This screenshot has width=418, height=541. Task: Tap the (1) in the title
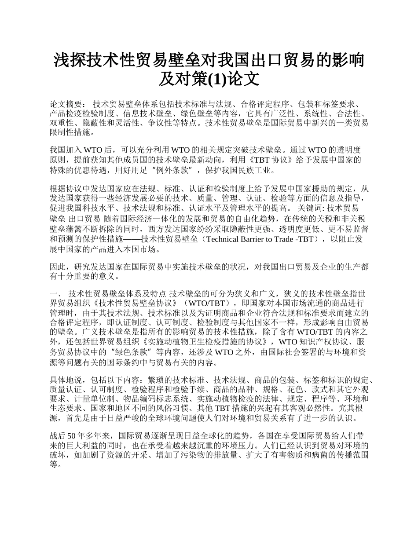(x=215, y=79)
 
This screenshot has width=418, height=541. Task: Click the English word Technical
(x=225, y=239)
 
